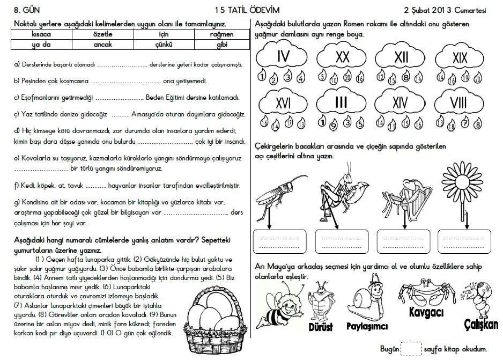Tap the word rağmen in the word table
click(221, 34)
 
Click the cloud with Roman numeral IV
click(283, 56)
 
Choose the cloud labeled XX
click(343, 56)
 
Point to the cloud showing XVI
click(283, 102)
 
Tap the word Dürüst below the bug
click(321, 327)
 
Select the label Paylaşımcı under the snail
click(367, 326)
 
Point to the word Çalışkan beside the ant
click(482, 324)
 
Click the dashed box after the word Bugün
click(412, 349)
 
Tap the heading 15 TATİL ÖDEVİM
click(247, 10)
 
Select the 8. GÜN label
click(27, 10)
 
